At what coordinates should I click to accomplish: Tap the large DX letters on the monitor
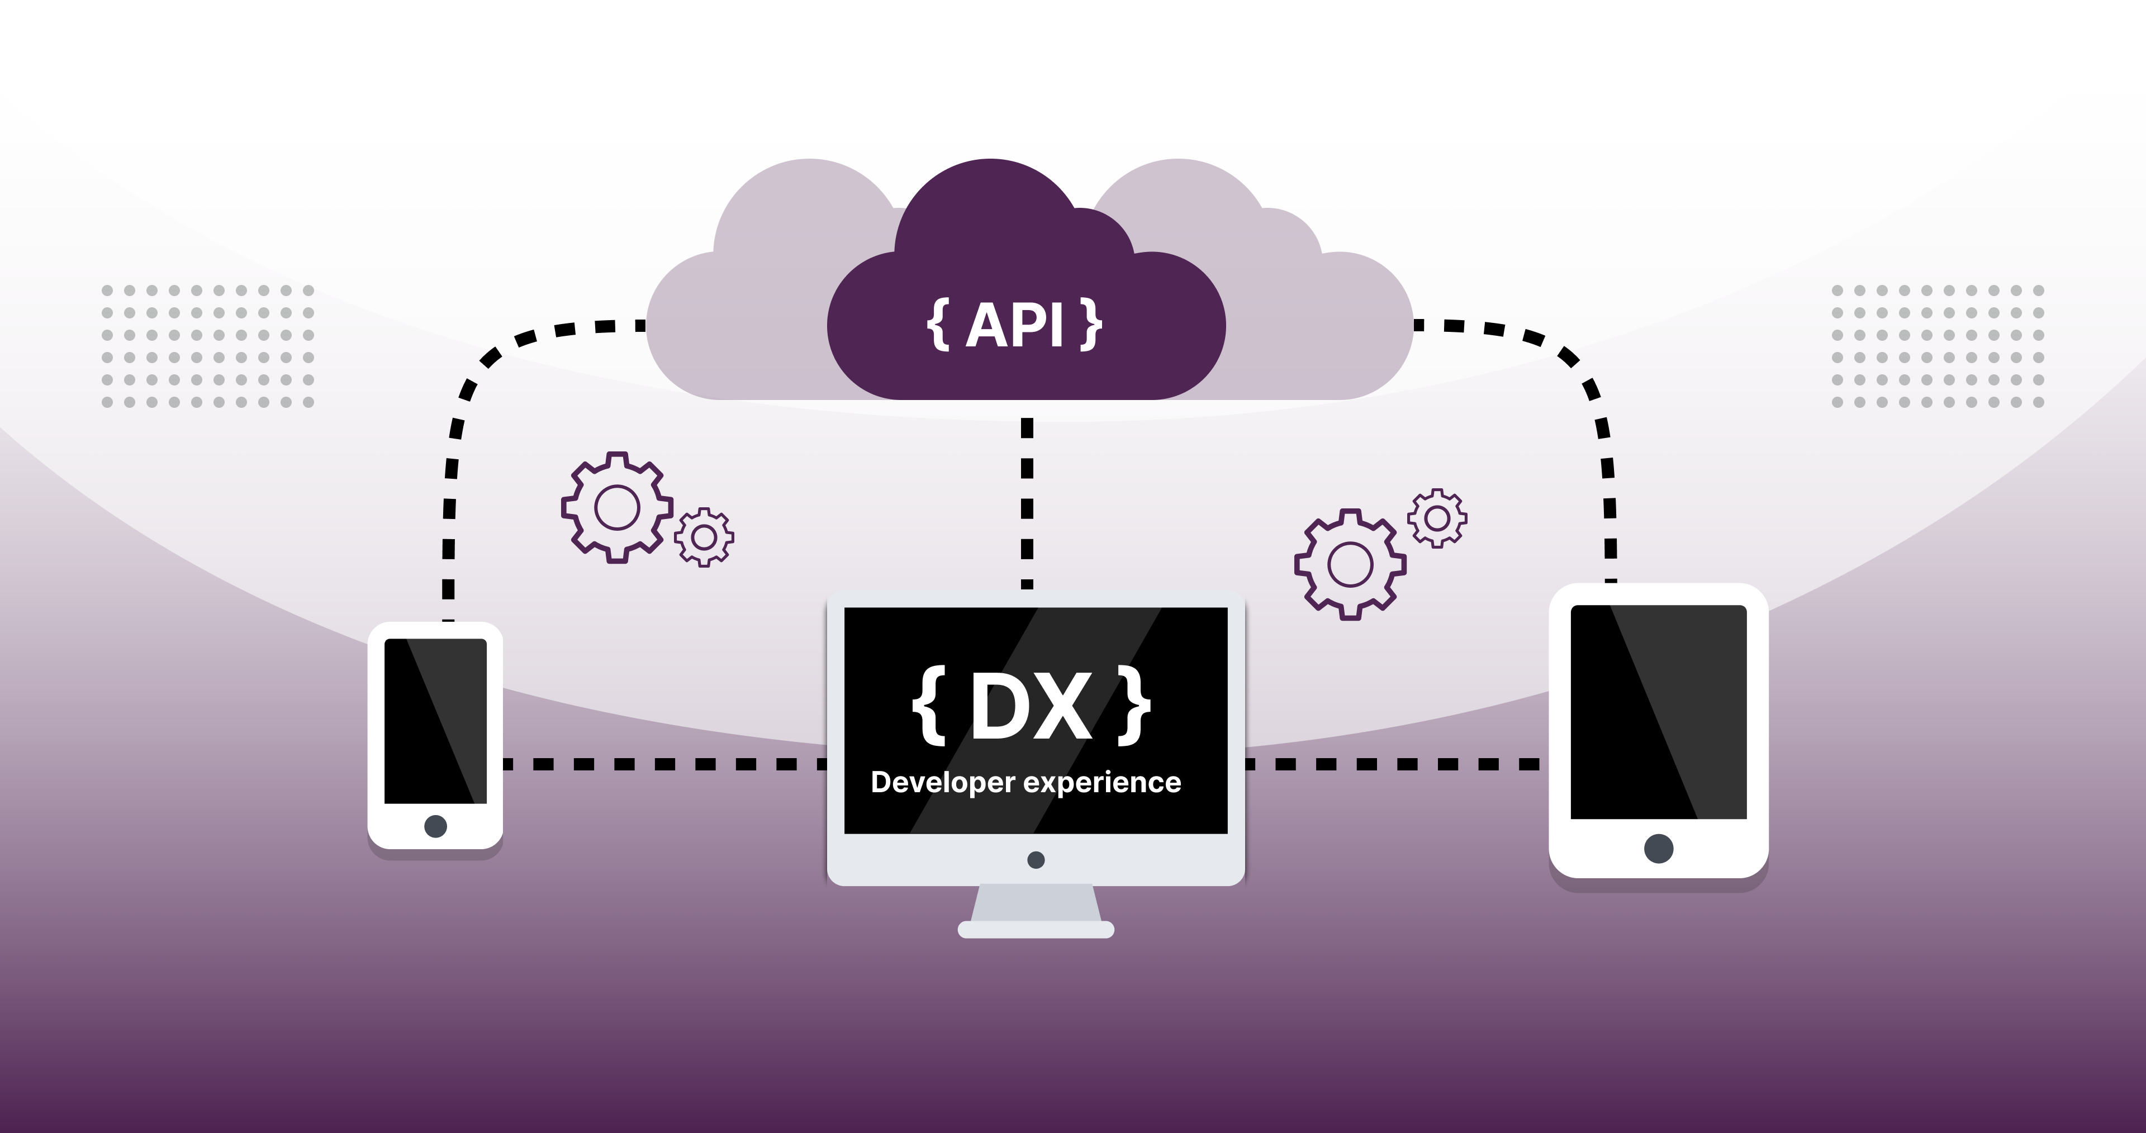(x=1031, y=707)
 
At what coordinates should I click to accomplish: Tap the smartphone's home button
(x=435, y=826)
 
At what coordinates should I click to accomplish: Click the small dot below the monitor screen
(x=1036, y=860)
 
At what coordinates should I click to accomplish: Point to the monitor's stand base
(x=1036, y=929)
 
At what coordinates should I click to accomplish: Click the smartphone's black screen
(x=435, y=721)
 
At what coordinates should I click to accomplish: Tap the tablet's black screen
(x=1658, y=712)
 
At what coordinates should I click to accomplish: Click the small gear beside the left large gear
(x=704, y=537)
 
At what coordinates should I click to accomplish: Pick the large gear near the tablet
(x=1350, y=564)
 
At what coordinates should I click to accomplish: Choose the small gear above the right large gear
(x=1437, y=518)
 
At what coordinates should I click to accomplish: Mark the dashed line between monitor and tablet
(x=1391, y=764)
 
